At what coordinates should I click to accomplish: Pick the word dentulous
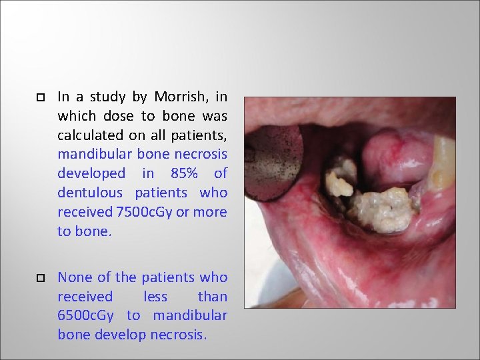[x=90, y=193]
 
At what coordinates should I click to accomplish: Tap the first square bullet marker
[x=40, y=97]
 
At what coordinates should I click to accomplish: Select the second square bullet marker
[x=40, y=278]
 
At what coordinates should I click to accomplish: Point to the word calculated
[x=90, y=135]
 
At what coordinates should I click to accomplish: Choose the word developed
[x=91, y=173]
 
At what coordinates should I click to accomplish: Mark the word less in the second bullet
[x=155, y=296]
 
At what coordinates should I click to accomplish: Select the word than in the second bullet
[x=213, y=296]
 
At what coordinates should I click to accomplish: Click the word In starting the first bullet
[x=64, y=97]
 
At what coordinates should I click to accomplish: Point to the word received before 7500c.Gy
[x=85, y=212]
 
